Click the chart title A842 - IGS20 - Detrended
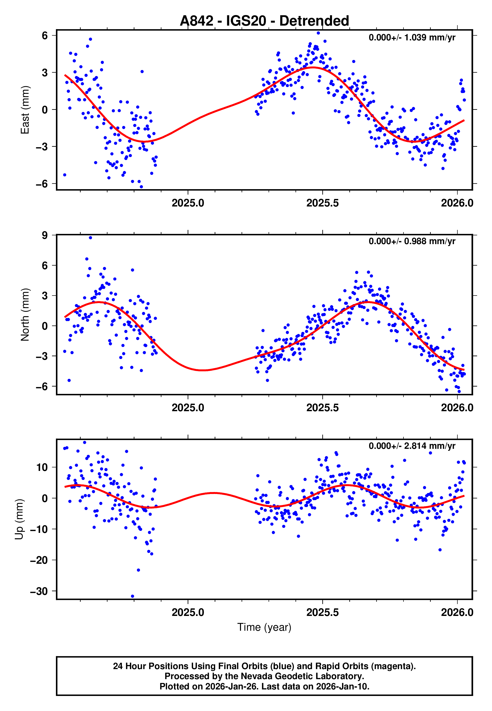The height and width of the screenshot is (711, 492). [x=264, y=21]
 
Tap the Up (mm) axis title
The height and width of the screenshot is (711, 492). [x=19, y=519]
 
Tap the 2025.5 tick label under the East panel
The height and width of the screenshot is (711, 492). [x=322, y=203]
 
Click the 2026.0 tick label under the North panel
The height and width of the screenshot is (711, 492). [x=457, y=408]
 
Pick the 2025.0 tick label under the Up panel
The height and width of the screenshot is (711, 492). [x=188, y=612]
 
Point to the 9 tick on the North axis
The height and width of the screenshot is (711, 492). [x=45, y=235]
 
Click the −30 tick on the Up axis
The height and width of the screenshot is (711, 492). [x=39, y=591]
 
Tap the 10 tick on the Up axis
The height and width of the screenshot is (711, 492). [x=42, y=467]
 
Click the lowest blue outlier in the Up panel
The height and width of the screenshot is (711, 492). [x=133, y=596]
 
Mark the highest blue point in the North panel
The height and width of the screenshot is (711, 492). [x=90, y=237]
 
